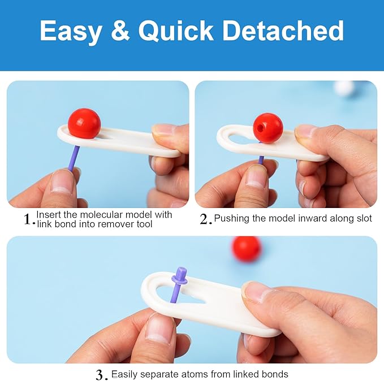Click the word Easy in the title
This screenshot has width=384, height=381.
click(x=71, y=31)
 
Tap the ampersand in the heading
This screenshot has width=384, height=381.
click(x=120, y=30)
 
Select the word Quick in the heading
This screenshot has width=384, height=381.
click(x=175, y=31)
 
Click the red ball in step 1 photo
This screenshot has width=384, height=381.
click(x=84, y=123)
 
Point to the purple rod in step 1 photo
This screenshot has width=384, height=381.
click(x=74, y=158)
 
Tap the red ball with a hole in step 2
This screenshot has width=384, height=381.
click(x=268, y=128)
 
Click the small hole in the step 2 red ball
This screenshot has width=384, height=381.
click(x=261, y=128)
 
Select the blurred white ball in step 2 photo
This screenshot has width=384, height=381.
click(x=344, y=89)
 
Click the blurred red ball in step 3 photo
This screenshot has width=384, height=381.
click(x=247, y=250)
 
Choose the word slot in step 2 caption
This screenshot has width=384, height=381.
click(x=364, y=218)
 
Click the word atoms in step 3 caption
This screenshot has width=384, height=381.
click(x=193, y=374)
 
